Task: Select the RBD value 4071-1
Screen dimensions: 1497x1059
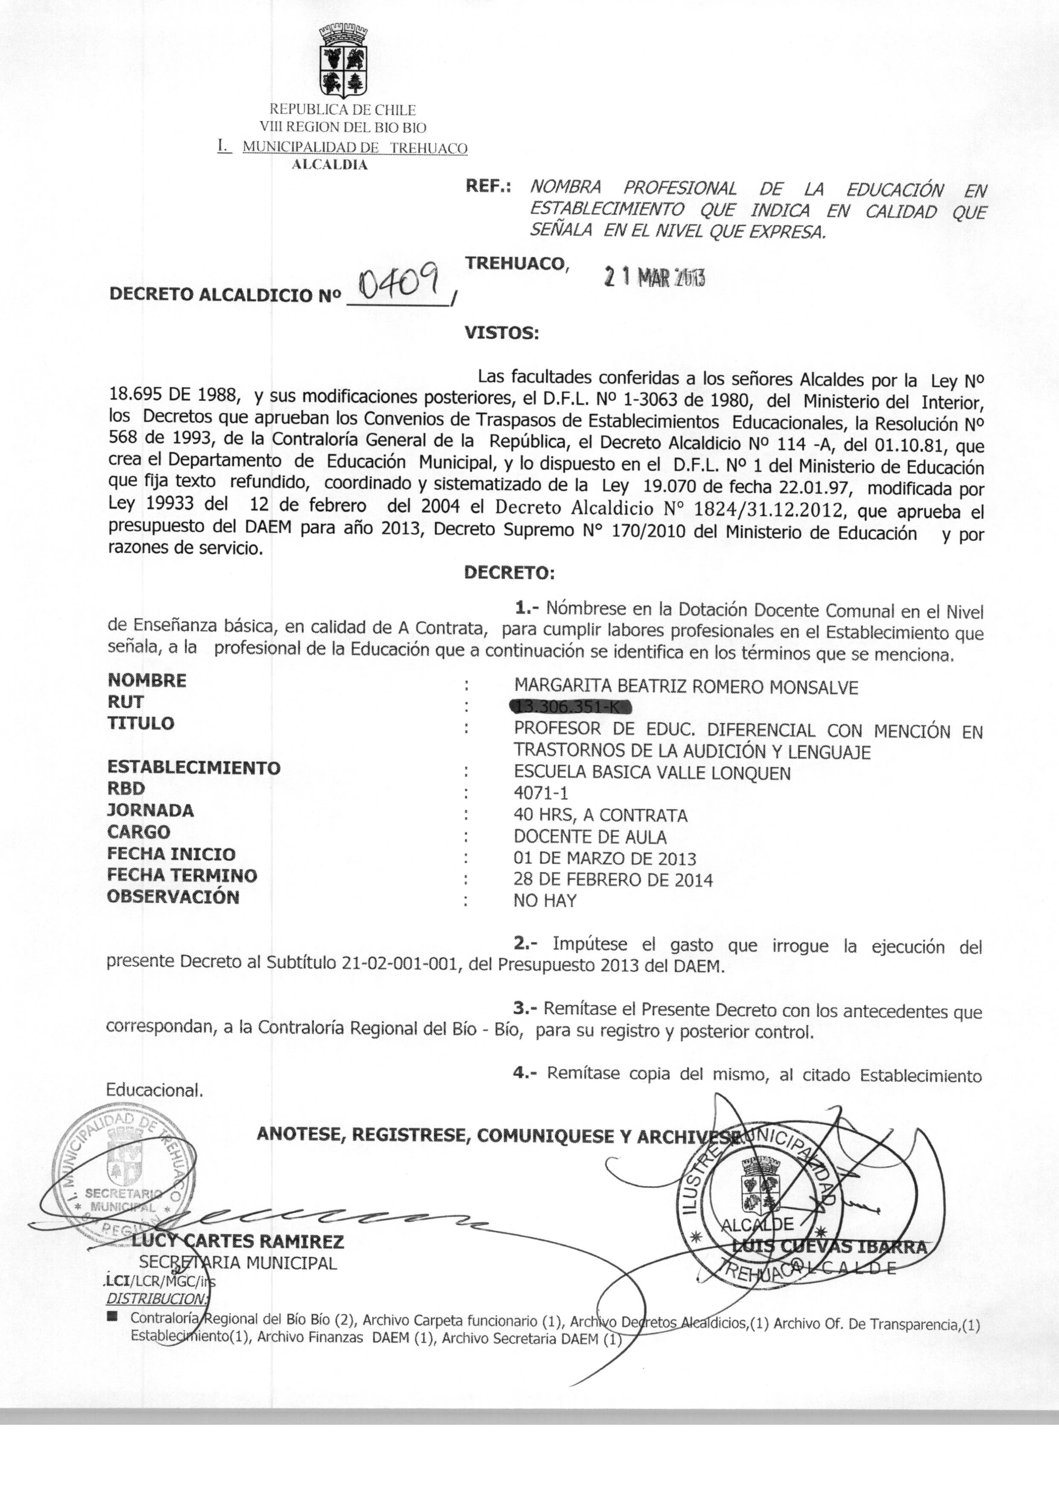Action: point(541,793)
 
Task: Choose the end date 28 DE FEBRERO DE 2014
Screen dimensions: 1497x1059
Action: point(613,880)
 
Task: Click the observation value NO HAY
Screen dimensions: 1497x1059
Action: point(545,901)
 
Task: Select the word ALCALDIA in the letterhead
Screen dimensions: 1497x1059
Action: point(329,165)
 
